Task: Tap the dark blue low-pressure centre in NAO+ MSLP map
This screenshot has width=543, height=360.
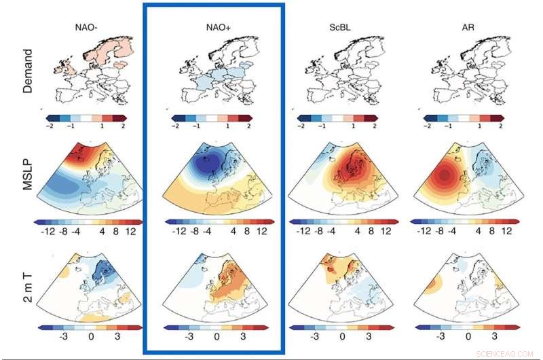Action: tap(206, 163)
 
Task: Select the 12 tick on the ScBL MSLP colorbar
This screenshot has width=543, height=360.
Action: tap(386, 230)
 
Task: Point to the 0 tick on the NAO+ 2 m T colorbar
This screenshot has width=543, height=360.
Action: tap(217, 336)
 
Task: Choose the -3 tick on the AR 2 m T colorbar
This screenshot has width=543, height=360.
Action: tap(439, 336)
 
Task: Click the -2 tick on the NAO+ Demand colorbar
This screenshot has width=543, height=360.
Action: tap(176, 126)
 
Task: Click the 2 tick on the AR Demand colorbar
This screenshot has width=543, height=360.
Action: tap(500, 126)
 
